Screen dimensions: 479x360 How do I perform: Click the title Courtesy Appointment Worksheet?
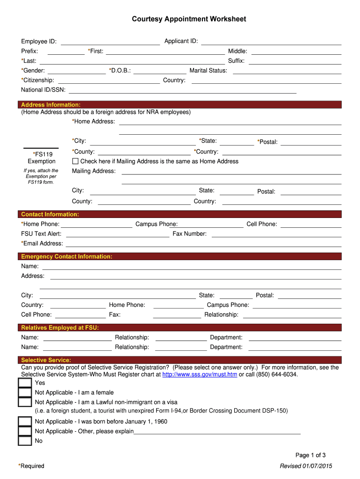pyautogui.click(x=188, y=19)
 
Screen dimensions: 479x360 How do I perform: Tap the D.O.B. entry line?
pyautogui.click(x=160, y=71)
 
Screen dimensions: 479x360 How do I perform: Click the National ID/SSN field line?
pyautogui.click(x=182, y=90)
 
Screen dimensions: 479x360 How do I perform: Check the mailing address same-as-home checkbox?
pyautogui.click(x=75, y=161)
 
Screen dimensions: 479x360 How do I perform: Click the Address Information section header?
pyautogui.click(x=51, y=105)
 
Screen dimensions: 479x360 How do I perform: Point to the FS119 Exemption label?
pyautogui.click(x=42, y=158)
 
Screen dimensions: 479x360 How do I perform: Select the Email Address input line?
pyautogui.click(x=203, y=243)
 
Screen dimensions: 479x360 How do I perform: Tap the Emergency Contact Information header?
pyautogui.click(x=67, y=257)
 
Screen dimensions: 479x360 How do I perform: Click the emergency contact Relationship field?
pyautogui.click(x=292, y=315)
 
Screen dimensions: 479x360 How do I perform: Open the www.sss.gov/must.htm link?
pyautogui.click(x=200, y=375)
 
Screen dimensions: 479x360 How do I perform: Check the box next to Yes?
pyautogui.click(x=25, y=383)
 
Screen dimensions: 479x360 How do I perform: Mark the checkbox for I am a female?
pyautogui.click(x=25, y=393)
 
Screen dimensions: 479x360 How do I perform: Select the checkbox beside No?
pyautogui.click(x=25, y=441)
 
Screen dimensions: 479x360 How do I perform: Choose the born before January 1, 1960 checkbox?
pyautogui.click(x=25, y=421)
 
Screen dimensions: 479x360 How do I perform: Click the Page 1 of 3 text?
pyautogui.click(x=310, y=455)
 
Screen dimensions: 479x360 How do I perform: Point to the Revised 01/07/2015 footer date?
pyautogui.click(x=306, y=466)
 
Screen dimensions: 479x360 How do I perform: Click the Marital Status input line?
pyautogui.click(x=287, y=71)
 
